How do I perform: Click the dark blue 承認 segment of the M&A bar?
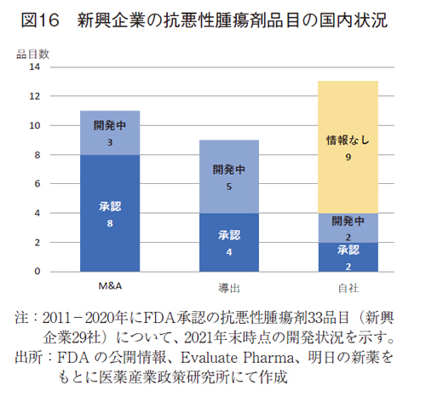click(x=110, y=213)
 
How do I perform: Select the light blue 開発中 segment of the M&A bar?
click(x=110, y=133)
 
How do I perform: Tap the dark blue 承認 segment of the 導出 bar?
click(x=228, y=242)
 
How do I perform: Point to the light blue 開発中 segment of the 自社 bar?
click(x=348, y=227)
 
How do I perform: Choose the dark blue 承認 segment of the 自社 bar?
click(x=348, y=256)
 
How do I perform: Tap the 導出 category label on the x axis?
click(x=228, y=287)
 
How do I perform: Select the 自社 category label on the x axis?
click(x=348, y=287)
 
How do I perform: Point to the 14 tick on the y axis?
click(x=35, y=67)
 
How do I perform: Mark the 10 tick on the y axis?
click(x=35, y=125)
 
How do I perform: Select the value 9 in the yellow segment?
click(x=348, y=157)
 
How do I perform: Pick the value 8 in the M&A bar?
click(x=110, y=223)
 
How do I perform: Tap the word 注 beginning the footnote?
click(x=23, y=318)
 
